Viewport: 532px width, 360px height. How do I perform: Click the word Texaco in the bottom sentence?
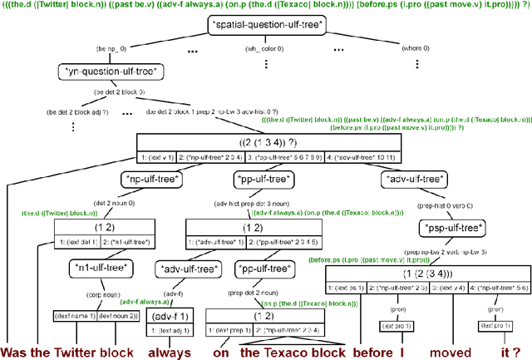[290, 352]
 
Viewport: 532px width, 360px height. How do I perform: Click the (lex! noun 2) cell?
[118, 316]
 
